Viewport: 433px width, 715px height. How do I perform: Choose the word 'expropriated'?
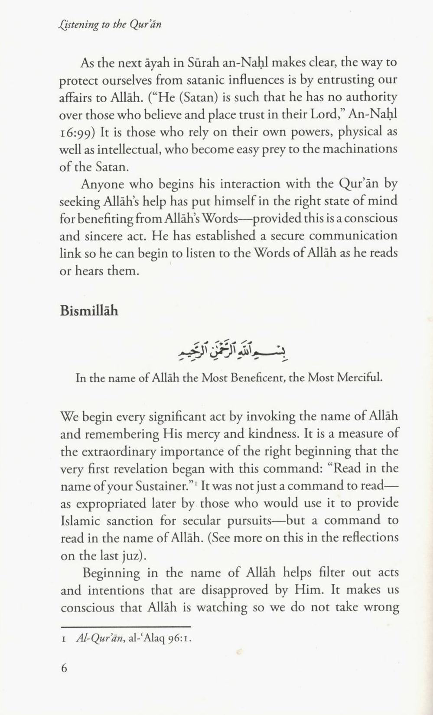coord(111,504)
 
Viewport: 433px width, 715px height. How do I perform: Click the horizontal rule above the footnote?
coord(125,627)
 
